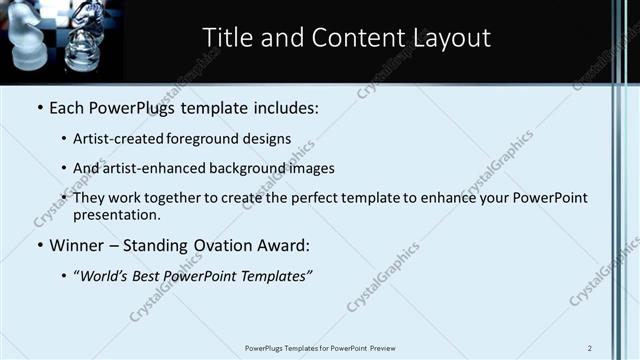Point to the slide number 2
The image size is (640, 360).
click(x=590, y=348)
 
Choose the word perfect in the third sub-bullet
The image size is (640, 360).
click(x=315, y=198)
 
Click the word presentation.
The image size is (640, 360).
click(x=117, y=214)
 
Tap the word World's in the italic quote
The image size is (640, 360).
click(x=108, y=275)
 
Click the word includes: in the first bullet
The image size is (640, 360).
click(x=286, y=106)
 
